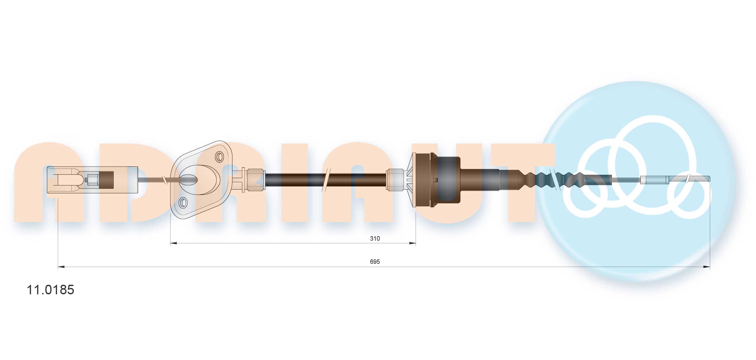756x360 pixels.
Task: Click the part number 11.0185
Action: pyautogui.click(x=50, y=290)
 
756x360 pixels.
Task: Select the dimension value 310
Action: pyautogui.click(x=375, y=238)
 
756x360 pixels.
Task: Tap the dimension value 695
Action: pyautogui.click(x=375, y=262)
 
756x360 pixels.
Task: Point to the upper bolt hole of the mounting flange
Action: pyautogui.click(x=219, y=157)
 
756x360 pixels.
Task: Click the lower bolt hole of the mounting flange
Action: pyautogui.click(x=183, y=203)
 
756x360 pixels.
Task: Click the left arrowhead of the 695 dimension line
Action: pyautogui.click(x=61, y=267)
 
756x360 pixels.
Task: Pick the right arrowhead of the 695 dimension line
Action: pyautogui.click(x=706, y=267)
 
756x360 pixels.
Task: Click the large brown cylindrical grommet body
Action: pyautogui.click(x=445, y=180)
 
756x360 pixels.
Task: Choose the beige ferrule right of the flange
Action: pyautogui.click(x=256, y=180)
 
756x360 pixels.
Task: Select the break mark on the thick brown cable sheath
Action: pyautogui.click(x=325, y=180)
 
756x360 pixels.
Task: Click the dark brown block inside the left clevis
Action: pyautogui.click(x=106, y=180)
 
